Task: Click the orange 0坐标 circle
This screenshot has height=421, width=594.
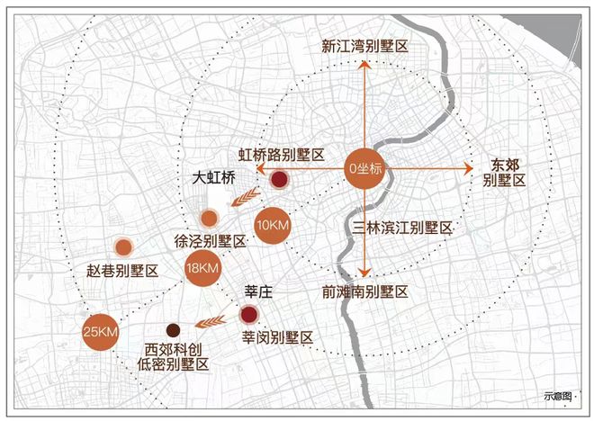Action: [366, 167]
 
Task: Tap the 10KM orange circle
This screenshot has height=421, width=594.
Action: [271, 225]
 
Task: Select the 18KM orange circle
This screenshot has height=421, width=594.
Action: [202, 268]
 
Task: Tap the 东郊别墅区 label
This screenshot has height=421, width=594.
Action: [503, 172]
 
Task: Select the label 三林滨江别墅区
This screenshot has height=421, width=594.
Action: [402, 228]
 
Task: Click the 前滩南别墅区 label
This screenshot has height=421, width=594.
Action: [365, 292]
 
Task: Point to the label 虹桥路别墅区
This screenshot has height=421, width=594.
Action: [281, 156]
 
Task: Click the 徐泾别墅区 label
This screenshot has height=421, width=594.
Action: [211, 241]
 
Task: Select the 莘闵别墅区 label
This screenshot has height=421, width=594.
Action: [277, 337]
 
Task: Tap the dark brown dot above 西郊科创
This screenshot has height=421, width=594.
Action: [172, 329]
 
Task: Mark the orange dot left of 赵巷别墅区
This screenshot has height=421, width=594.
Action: [123, 246]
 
